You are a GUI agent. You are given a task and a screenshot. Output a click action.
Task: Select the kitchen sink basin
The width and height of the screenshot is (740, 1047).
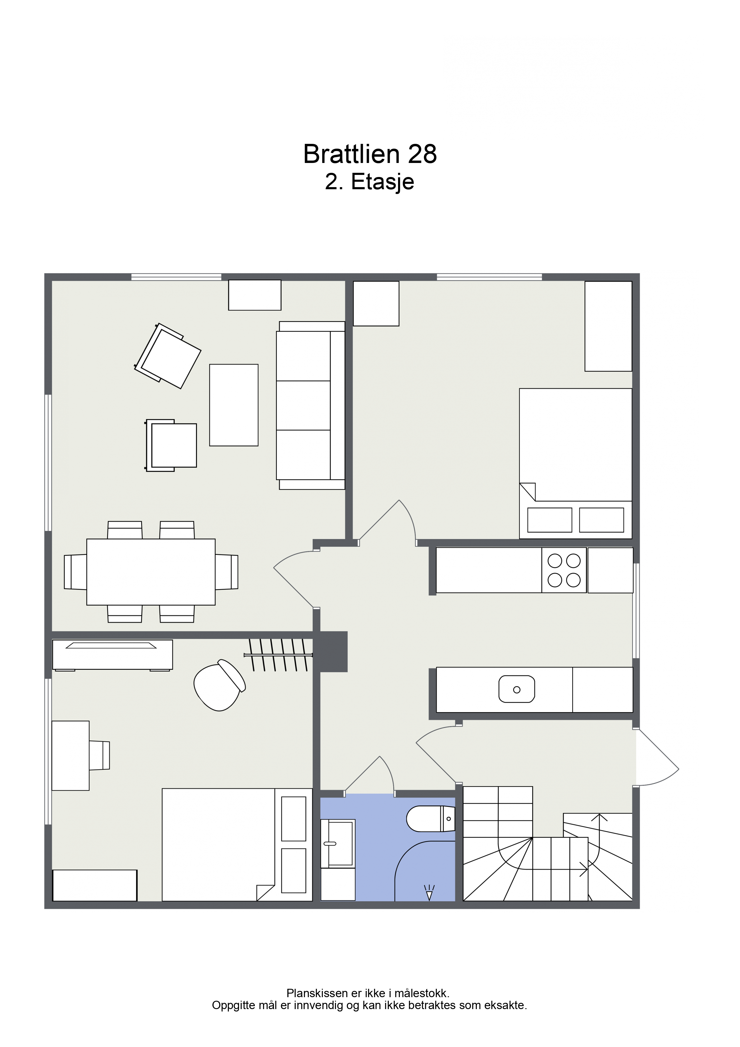click(517, 689)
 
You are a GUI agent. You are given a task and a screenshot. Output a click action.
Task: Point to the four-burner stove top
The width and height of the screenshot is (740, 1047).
click(564, 570)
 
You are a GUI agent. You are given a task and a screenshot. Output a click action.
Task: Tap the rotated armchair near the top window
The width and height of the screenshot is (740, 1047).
click(168, 356)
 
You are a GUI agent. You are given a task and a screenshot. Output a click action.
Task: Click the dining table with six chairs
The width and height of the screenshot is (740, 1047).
click(151, 572)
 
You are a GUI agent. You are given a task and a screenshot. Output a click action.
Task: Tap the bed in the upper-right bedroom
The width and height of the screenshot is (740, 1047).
click(575, 463)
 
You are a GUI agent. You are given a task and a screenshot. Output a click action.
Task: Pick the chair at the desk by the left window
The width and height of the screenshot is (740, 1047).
click(99, 756)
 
